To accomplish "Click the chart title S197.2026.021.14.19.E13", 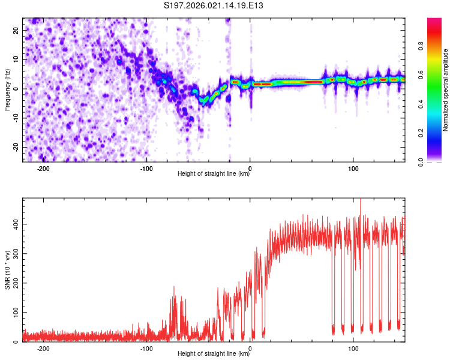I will click(214, 6).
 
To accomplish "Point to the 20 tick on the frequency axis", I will click(16, 29).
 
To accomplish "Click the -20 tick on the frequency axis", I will click(15, 147).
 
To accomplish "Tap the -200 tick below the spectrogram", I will click(43, 169).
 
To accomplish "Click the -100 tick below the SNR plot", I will click(147, 349).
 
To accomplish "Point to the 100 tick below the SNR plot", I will click(353, 349).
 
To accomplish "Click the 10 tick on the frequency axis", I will click(16, 59).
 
